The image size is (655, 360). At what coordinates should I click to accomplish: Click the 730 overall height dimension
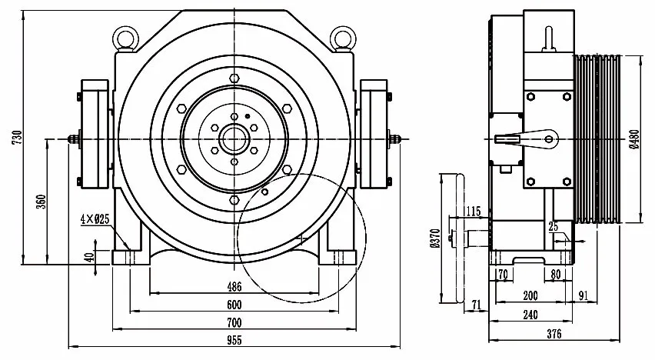[17, 138]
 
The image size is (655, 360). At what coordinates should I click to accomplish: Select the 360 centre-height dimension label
[41, 202]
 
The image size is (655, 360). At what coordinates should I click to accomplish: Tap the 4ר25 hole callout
[95, 218]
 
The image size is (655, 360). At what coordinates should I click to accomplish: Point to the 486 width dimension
[234, 287]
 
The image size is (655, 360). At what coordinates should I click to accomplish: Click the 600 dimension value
[234, 305]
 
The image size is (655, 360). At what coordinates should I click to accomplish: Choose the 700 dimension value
[234, 322]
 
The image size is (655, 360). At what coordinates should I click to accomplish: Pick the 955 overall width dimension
[234, 340]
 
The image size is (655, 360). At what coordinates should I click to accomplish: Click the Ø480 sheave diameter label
[633, 139]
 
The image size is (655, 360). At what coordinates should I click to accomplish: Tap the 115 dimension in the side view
[473, 211]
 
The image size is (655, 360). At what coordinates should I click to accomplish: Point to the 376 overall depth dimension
[554, 334]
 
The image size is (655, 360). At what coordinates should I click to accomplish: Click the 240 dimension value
[530, 314]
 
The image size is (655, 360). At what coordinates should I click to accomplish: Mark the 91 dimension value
[584, 295]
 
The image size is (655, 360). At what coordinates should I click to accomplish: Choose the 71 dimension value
[476, 305]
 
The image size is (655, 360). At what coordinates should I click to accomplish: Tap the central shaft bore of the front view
[234, 139]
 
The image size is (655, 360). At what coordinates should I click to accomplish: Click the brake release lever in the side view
[527, 140]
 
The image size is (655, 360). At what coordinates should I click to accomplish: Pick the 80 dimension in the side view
[556, 275]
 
